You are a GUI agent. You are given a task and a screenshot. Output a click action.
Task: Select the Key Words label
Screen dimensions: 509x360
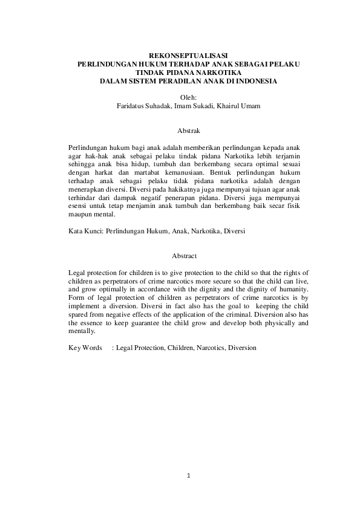click(x=85, y=348)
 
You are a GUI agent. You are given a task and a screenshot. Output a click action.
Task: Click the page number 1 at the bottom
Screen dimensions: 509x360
click(x=189, y=476)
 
